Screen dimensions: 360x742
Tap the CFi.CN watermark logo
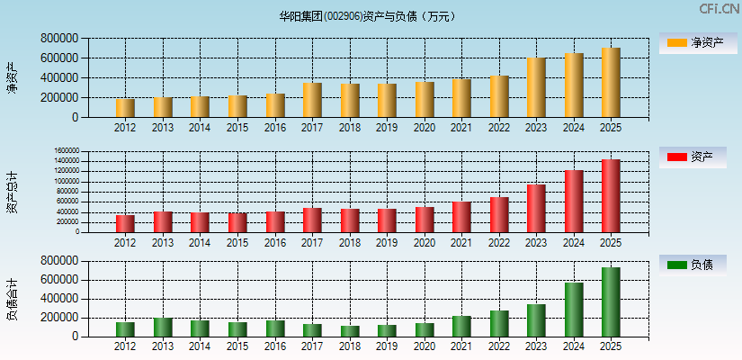click(719, 9)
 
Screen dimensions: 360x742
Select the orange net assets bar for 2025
click(611, 83)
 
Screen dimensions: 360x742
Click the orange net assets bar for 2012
click(125, 108)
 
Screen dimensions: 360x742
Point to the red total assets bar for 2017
click(312, 220)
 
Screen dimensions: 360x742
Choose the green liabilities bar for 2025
click(611, 302)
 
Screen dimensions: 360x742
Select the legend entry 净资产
click(693, 42)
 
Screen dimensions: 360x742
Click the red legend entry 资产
click(693, 157)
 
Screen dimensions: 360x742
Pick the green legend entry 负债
click(693, 265)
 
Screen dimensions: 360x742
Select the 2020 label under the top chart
click(425, 128)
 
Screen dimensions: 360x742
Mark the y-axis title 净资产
click(12, 77)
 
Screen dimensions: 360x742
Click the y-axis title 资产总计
click(12, 192)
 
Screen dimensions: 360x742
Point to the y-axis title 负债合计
click(12, 299)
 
